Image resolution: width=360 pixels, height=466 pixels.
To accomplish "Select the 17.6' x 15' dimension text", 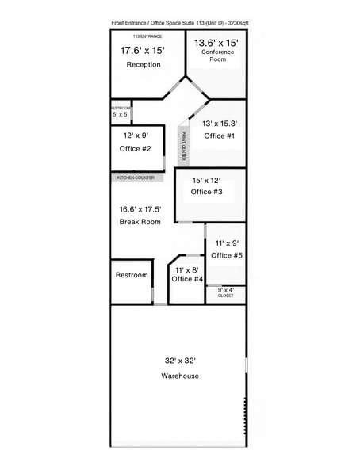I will pos(144,50).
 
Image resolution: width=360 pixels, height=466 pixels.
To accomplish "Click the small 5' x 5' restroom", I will pos(120,111).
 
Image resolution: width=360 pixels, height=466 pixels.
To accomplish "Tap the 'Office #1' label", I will pos(220,136).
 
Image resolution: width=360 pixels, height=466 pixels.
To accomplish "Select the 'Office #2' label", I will pos(135,148).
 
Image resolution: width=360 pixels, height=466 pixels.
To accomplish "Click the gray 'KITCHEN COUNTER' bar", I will pos(136,178).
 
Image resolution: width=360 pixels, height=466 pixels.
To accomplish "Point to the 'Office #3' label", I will pos(207,192).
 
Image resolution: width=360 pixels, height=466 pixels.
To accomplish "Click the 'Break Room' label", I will pos(140,222).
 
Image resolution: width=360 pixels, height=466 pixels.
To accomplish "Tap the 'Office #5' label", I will pos(225,255).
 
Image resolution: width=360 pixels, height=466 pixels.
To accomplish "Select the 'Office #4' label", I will pos(188,280).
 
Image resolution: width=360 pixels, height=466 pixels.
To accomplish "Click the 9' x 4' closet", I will pos(226,292).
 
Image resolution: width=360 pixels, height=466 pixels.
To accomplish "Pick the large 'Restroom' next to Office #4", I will pos(132,275).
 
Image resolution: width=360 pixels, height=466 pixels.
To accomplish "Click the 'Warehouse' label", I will pos(180,376).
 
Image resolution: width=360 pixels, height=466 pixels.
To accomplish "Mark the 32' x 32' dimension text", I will pos(180,360).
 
